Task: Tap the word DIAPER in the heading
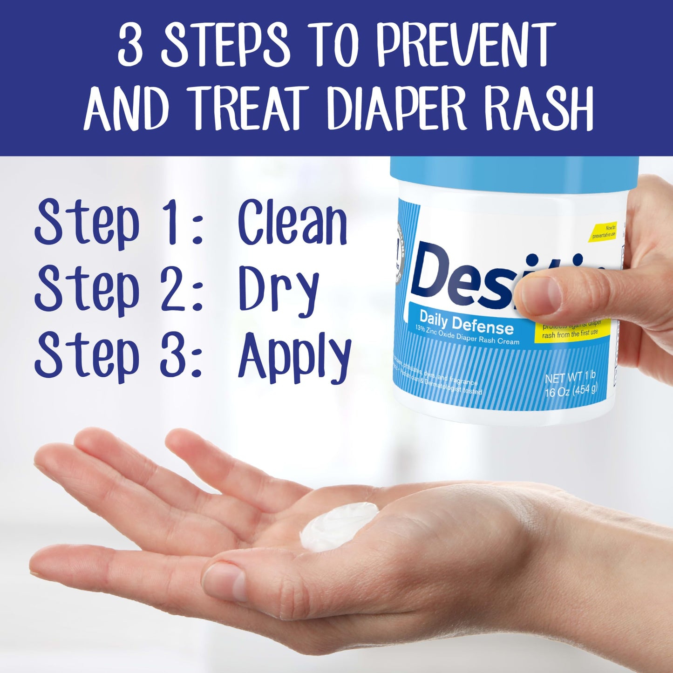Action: pos(396,108)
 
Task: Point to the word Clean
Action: pos(292,223)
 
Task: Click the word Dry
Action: pos(278,290)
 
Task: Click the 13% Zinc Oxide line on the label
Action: pos(467,335)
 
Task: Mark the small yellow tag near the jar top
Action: pos(604,232)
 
